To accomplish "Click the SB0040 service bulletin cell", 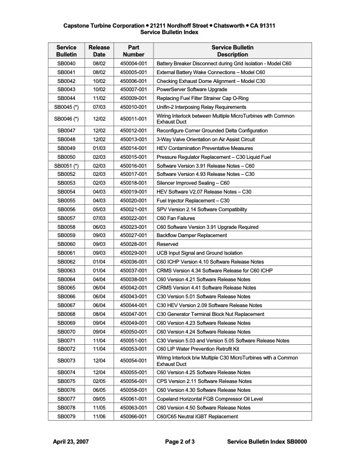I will click(66, 63).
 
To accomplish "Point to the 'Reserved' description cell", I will click(167, 244).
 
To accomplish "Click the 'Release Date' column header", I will click(99, 50).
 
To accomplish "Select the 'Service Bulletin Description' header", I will click(232, 50).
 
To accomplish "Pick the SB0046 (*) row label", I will click(66, 119).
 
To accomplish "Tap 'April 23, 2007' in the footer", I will click(71, 441).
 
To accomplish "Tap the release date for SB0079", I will click(99, 417).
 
